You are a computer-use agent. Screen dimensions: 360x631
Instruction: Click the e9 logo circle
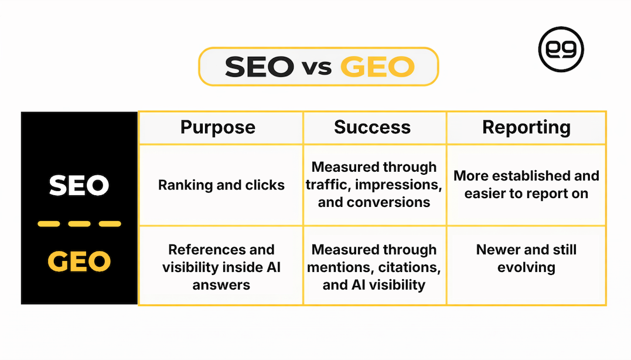(561, 49)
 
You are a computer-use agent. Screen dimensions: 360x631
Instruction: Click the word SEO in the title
(259, 67)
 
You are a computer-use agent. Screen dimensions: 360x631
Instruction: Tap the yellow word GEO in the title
(377, 67)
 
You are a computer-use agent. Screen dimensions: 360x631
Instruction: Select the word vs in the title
(317, 68)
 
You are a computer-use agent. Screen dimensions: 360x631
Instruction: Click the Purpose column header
(218, 127)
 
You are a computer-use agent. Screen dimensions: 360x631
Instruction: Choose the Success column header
(372, 127)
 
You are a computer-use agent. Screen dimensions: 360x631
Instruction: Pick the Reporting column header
(526, 127)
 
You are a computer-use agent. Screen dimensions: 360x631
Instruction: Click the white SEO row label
(79, 186)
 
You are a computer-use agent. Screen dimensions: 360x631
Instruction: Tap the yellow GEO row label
(79, 262)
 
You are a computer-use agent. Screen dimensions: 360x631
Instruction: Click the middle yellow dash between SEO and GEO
(79, 224)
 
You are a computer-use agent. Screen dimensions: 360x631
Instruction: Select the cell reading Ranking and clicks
(221, 185)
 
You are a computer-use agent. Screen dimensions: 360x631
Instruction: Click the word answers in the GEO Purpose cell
(221, 285)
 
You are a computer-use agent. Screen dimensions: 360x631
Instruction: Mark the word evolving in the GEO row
(526, 267)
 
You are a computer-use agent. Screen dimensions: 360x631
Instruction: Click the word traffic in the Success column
(327, 185)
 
